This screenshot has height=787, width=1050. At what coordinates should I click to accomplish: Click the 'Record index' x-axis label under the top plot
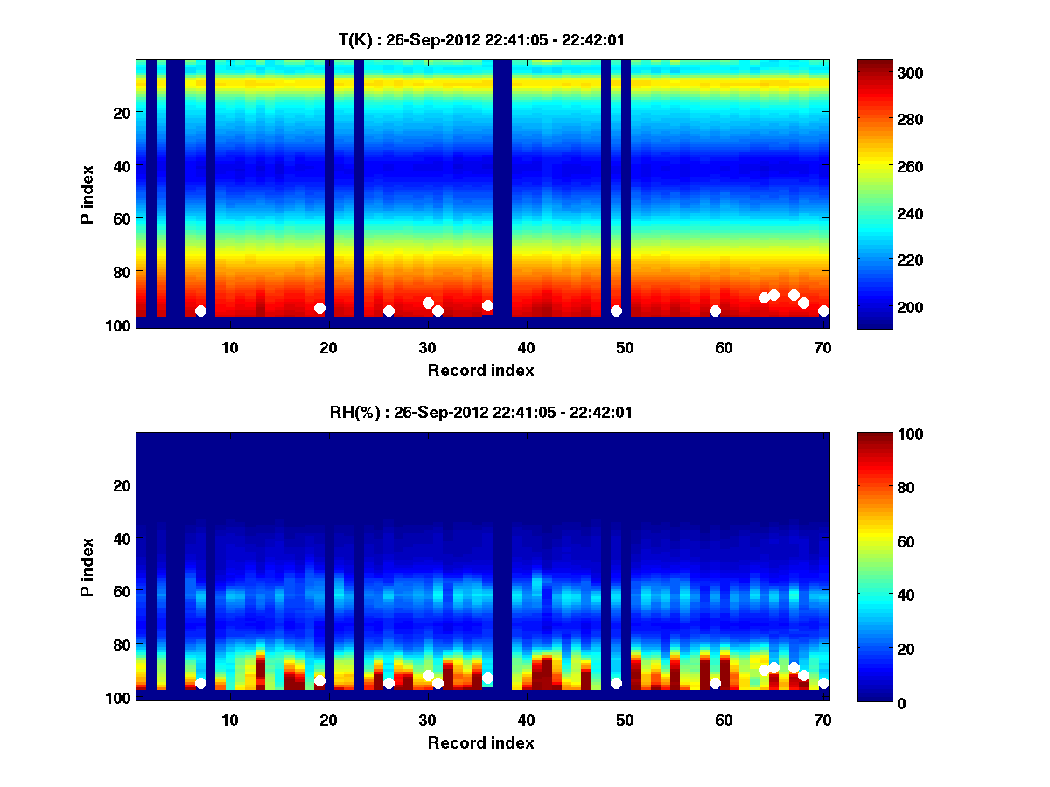480,371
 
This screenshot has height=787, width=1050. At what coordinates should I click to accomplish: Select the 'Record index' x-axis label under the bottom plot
480,743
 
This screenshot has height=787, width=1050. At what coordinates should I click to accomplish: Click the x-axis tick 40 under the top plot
526,347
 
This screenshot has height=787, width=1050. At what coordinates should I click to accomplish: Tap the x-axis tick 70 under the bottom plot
822,720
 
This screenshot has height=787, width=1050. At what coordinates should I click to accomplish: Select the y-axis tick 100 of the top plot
120,325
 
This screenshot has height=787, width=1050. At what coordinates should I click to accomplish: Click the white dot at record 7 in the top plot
200,310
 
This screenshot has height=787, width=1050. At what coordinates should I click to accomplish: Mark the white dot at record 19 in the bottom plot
319,680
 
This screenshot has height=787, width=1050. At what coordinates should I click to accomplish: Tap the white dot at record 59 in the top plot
715,310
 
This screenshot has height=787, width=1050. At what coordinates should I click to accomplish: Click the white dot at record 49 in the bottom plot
616,683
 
